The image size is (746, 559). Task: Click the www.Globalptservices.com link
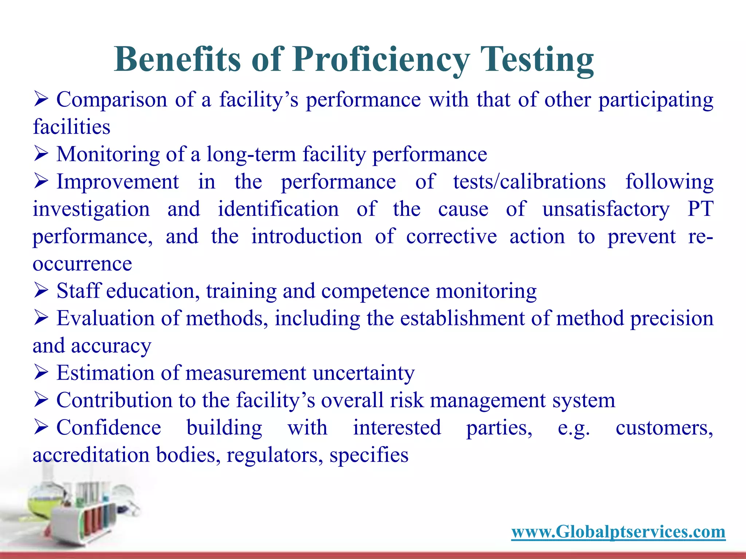pos(618,532)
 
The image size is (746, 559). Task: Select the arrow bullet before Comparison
pos(41,99)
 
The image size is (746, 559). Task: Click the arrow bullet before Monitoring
pos(41,154)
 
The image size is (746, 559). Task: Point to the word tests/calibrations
pos(529,182)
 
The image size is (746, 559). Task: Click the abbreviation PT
pos(700,209)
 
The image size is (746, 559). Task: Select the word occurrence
pos(82,263)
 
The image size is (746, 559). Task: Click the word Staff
pos(78,291)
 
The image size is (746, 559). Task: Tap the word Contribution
pos(114,400)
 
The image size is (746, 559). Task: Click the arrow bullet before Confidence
pos(41,427)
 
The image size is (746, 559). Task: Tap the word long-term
pos(251,154)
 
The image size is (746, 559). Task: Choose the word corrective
pos(451,237)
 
